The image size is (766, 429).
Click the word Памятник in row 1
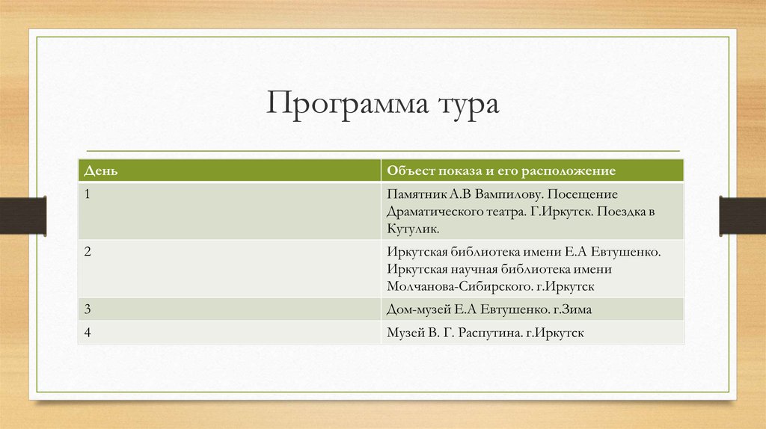pyautogui.click(x=417, y=194)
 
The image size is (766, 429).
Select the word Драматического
pyautogui.click(x=438, y=212)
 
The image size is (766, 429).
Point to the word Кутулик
pyautogui.click(x=414, y=229)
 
